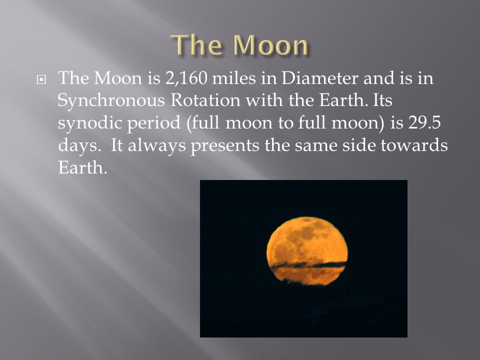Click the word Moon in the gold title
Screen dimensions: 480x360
(x=270, y=45)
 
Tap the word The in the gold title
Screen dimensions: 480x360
(x=196, y=45)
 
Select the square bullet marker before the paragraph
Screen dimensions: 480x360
(x=41, y=80)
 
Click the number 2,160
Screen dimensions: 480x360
(x=186, y=78)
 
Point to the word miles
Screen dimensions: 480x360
(x=234, y=78)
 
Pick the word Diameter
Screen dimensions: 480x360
(x=319, y=78)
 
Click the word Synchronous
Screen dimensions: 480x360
(x=111, y=101)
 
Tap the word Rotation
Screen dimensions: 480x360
(x=205, y=100)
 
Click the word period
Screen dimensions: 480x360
(x=153, y=123)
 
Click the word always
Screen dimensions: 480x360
(x=156, y=145)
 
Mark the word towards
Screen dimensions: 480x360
(x=414, y=145)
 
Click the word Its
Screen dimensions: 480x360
(x=382, y=100)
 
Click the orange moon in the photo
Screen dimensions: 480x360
(x=307, y=250)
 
